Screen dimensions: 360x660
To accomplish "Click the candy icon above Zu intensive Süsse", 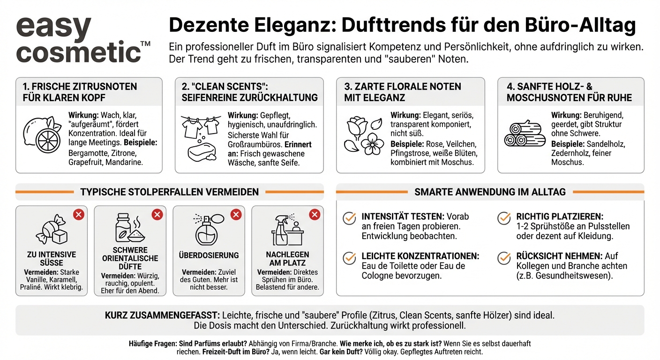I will point(51,229).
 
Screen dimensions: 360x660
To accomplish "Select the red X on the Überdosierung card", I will point(236,215).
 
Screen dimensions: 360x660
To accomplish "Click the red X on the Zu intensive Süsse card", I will point(78,215).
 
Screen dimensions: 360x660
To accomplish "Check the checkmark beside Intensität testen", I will point(349,218).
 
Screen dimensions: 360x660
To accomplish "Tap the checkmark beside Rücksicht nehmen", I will point(504,257).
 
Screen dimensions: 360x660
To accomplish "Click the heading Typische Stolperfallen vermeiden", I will point(169,192).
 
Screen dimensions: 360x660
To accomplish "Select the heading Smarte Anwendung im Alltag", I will point(490,192).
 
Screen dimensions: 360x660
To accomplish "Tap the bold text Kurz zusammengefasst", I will point(162,315).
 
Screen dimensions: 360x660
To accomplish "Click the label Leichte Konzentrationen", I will point(420,256).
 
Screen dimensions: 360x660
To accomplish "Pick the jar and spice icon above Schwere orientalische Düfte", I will point(129,228).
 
